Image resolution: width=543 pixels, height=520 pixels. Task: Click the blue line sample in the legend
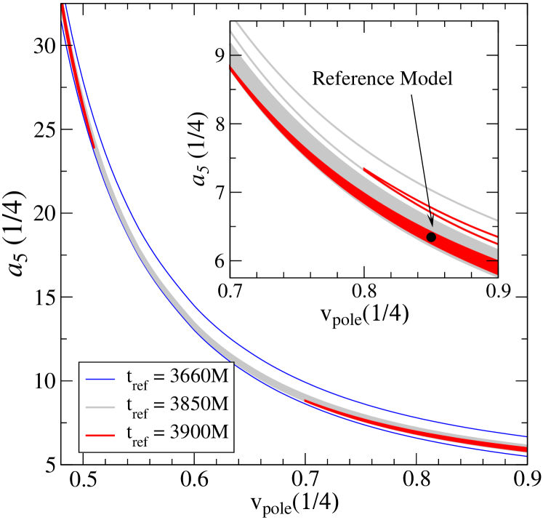tap(100, 379)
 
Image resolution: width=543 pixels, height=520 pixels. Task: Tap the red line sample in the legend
tap(100, 433)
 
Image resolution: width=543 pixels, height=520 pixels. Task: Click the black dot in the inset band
tap(431, 237)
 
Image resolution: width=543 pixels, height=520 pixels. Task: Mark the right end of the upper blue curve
tap(526, 436)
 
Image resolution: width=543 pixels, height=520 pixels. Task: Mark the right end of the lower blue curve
tap(526, 456)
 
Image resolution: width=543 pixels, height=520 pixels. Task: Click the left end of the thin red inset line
tap(363, 168)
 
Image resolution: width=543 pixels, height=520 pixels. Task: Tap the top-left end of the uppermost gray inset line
tap(235, 23)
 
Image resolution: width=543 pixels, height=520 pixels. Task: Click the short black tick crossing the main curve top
tap(70, 45)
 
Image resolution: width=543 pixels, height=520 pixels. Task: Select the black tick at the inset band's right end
tap(492, 260)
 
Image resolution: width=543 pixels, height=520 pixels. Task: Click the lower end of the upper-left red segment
tap(95, 148)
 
